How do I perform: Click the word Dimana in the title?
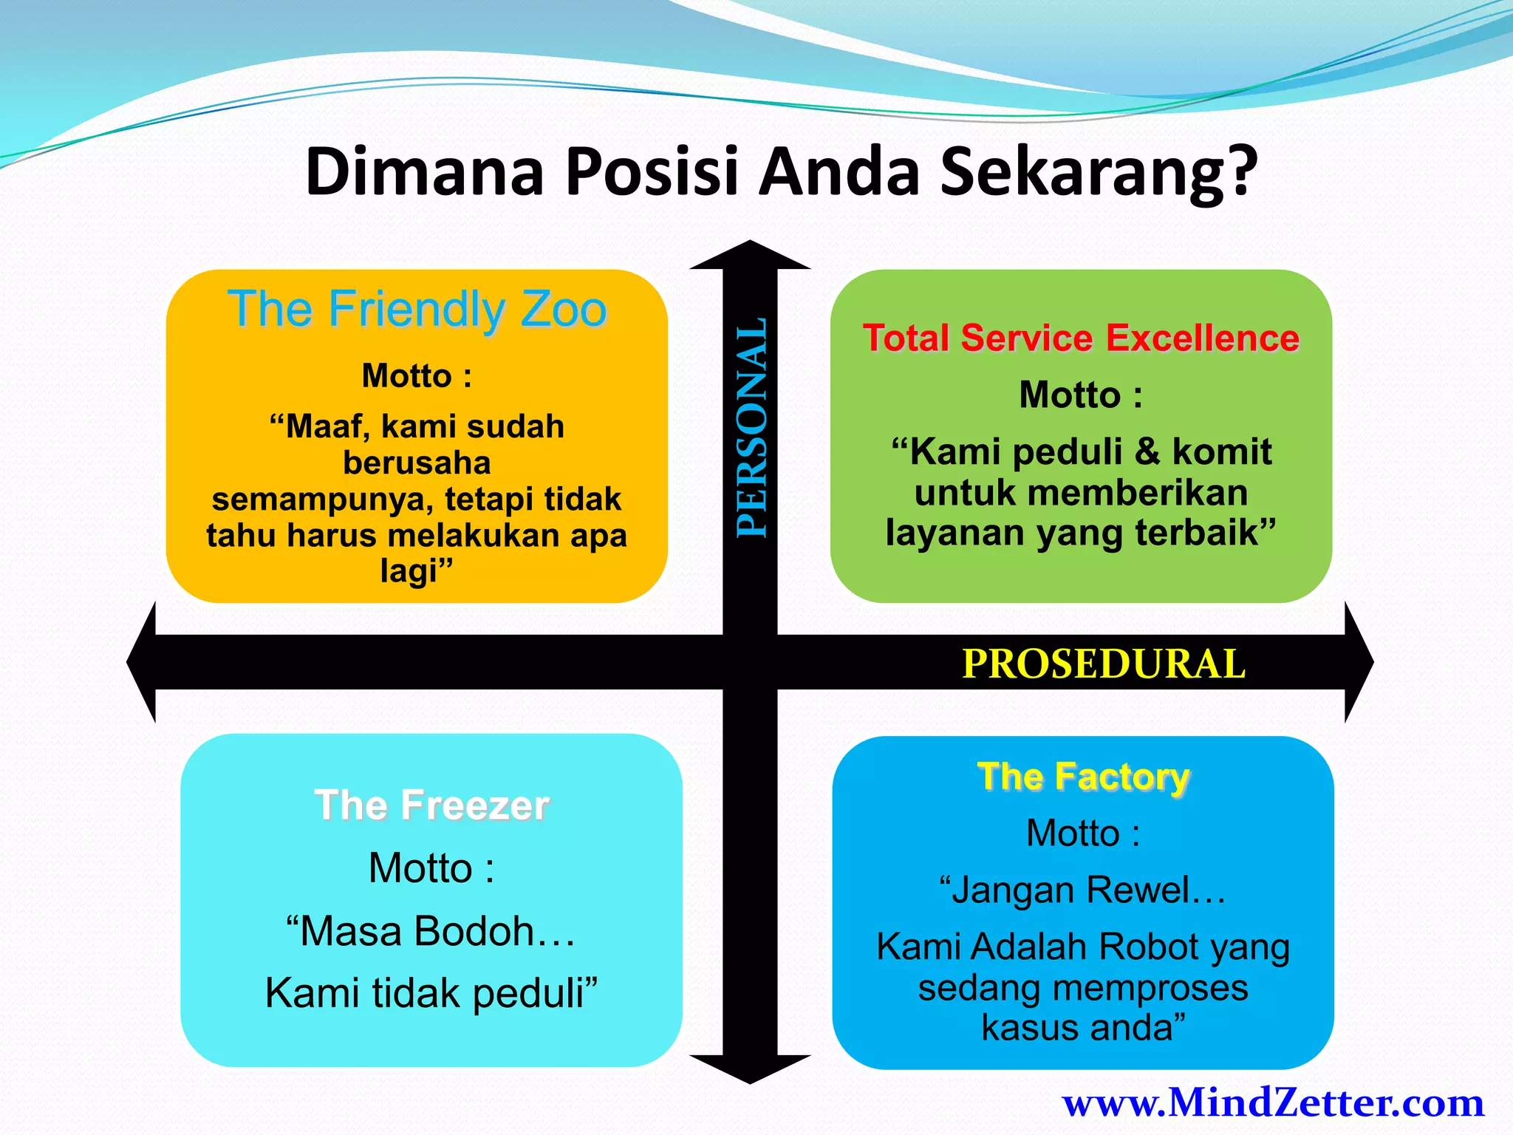coord(425,171)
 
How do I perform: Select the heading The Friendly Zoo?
coord(417,309)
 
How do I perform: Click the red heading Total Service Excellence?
coord(1081,338)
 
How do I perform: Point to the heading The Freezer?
coord(431,805)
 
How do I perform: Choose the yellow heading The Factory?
coord(1083,777)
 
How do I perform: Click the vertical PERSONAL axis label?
coord(752,427)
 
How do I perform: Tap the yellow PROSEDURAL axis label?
coord(1104,664)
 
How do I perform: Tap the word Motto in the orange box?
coord(406,375)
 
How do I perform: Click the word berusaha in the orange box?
coord(417,463)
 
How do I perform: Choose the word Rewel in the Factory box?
coord(1144,890)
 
